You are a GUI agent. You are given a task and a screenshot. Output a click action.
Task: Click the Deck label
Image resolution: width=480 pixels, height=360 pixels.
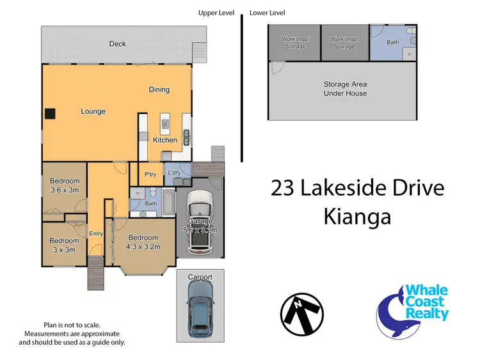(117, 43)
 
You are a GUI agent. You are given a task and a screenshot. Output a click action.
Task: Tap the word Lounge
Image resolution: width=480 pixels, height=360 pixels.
(93, 111)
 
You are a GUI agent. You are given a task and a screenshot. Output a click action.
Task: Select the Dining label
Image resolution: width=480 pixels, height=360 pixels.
(159, 90)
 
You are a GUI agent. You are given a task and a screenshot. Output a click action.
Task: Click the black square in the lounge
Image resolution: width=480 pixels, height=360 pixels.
(49, 114)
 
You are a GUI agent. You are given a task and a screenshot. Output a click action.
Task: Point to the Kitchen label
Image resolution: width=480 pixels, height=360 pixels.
(164, 140)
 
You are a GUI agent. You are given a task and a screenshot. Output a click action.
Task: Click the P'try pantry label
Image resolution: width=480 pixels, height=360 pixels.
(150, 174)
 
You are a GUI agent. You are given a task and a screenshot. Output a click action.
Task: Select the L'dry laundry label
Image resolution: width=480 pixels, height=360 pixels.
(173, 173)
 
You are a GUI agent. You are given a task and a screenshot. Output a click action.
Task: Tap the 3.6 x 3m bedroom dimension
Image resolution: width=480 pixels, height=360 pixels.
(64, 190)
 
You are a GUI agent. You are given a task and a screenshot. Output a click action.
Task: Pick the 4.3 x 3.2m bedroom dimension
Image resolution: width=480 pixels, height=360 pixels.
(144, 246)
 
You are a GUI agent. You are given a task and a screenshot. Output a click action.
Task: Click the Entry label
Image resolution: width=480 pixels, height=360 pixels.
(96, 233)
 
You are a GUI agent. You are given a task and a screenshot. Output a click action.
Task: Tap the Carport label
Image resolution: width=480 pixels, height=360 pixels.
(200, 277)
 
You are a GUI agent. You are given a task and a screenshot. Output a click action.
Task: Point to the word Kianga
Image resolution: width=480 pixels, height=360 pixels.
(357, 216)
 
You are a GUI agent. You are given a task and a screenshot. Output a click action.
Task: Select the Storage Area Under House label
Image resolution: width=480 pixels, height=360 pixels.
(345, 89)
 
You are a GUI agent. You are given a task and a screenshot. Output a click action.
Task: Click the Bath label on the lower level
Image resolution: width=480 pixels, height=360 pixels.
(393, 43)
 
